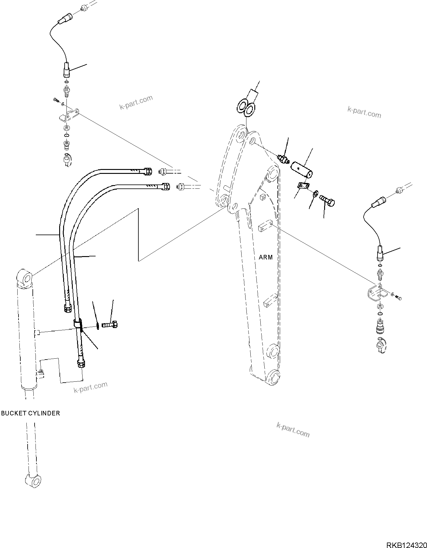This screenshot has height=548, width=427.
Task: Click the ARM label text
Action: (x=266, y=257)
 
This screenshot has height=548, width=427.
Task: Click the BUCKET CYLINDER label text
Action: (x=30, y=413)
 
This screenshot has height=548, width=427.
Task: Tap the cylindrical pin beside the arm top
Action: (x=302, y=170)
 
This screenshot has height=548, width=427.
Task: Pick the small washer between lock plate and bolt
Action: (x=315, y=193)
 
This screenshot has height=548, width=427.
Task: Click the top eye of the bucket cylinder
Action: (x=25, y=277)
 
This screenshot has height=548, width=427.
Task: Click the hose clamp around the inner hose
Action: (x=78, y=324)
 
